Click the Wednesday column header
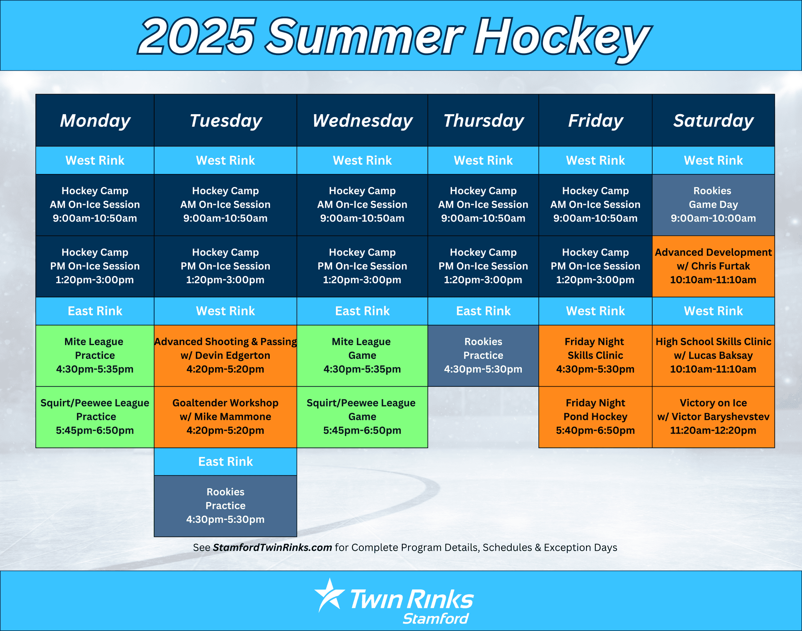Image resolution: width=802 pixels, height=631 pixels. click(362, 120)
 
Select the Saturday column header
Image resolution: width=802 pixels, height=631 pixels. click(713, 120)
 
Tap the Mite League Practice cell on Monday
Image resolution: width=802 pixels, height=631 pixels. click(95, 355)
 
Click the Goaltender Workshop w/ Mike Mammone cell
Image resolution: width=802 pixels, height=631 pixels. click(226, 417)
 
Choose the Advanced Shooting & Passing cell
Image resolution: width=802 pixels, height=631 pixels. click(226, 355)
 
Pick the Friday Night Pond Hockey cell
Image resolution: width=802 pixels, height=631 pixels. click(595, 417)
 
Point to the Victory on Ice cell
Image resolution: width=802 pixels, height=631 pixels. click(713, 417)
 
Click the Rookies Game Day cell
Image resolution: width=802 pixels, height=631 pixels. click(713, 205)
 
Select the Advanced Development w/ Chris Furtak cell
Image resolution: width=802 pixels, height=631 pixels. click(713, 266)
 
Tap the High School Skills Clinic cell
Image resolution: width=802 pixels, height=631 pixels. click(713, 355)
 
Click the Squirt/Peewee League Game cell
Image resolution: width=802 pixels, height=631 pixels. click(362, 417)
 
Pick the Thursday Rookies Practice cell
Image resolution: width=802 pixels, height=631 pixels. click(483, 355)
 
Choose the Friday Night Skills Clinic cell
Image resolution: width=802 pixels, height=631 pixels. click(595, 355)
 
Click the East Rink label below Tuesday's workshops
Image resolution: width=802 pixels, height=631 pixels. click(226, 462)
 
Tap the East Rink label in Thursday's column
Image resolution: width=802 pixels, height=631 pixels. click(483, 311)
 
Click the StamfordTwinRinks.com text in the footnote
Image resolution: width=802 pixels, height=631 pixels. click(272, 547)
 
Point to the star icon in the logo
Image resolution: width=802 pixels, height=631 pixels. click(330, 595)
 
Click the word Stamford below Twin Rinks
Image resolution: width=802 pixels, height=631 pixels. click(436, 618)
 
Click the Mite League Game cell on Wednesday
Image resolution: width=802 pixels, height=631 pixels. click(362, 355)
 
